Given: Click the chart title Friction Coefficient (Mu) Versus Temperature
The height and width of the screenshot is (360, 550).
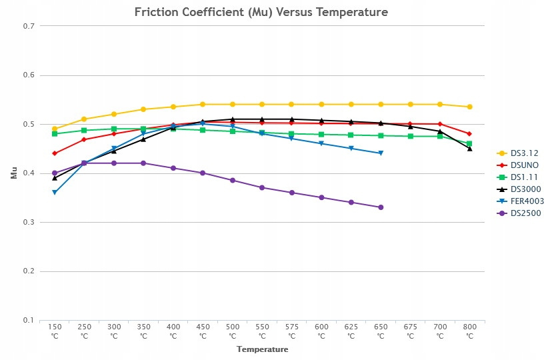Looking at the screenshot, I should (x=261, y=12).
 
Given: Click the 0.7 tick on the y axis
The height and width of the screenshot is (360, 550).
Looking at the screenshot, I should (x=28, y=26).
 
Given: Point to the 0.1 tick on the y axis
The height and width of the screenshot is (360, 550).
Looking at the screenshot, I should (x=28, y=320).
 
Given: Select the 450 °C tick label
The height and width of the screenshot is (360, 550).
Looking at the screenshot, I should (x=203, y=331).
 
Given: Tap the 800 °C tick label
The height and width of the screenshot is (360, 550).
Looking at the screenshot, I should (x=469, y=331).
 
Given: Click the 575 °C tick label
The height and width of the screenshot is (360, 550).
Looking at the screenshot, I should (x=291, y=331).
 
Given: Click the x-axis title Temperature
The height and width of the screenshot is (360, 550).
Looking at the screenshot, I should (x=262, y=349).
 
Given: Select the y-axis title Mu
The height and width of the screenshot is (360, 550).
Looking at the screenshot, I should (x=13, y=173).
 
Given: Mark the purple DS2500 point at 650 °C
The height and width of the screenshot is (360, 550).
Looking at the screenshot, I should (x=381, y=207).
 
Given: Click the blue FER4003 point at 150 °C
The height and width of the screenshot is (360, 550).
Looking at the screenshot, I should (x=55, y=193).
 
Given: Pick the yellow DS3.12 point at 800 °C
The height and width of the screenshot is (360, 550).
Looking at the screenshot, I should (x=469, y=107).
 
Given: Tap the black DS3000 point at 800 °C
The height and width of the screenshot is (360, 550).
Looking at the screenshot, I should (x=469, y=149).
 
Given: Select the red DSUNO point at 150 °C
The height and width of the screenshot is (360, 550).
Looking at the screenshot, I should (x=55, y=153).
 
